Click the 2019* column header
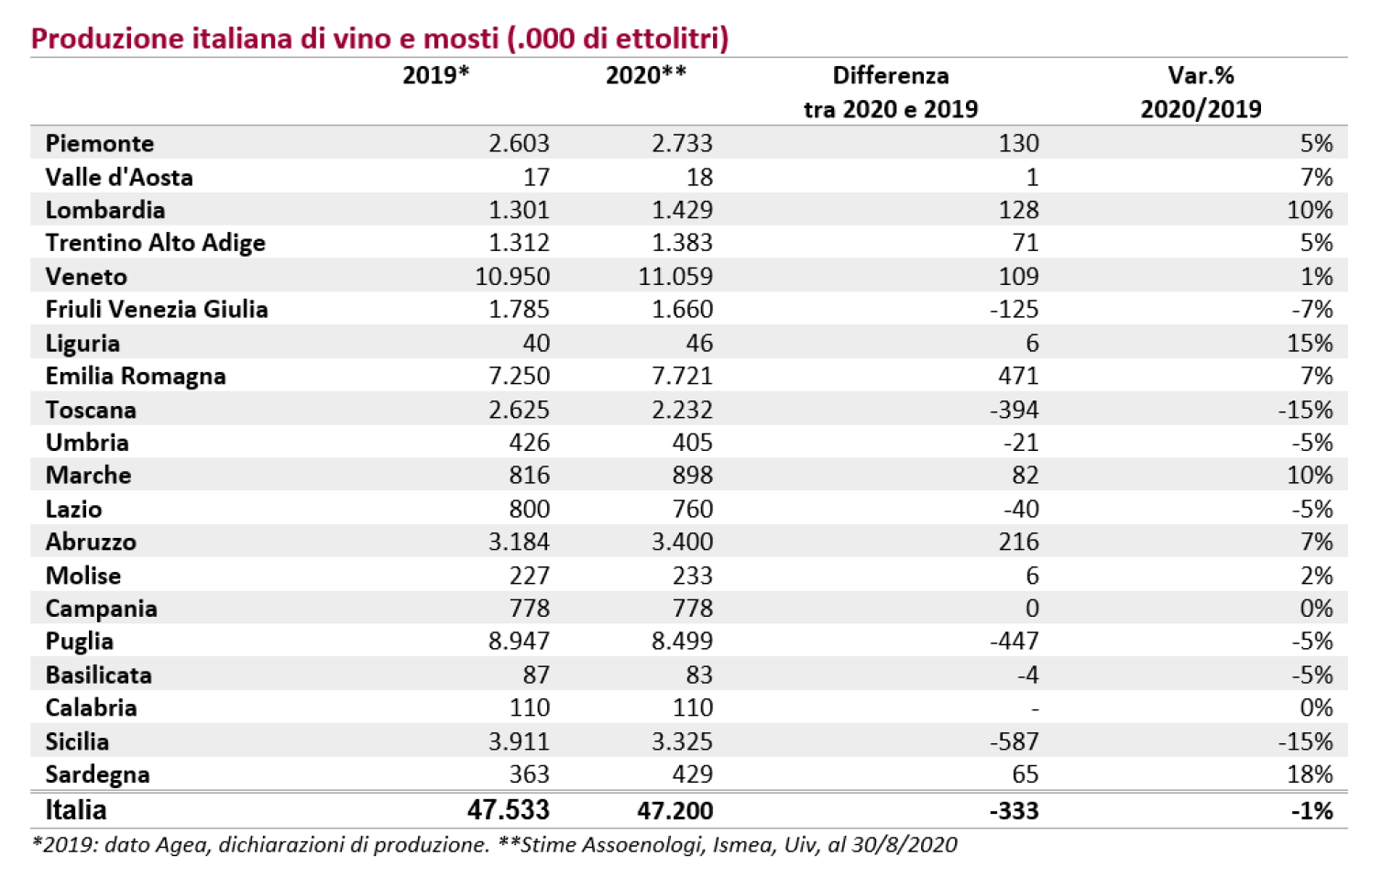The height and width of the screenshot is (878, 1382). (x=435, y=75)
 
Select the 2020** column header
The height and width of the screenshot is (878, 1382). (x=646, y=75)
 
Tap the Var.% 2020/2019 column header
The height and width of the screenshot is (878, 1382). (x=1201, y=93)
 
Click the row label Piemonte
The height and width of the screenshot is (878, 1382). (x=99, y=143)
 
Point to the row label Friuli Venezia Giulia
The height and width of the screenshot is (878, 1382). (x=157, y=309)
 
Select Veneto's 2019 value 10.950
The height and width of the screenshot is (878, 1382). (x=512, y=277)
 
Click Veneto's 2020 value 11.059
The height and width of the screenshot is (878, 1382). (x=675, y=277)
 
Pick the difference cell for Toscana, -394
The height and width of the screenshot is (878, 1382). (x=1015, y=410)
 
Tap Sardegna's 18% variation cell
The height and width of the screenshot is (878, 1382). (x=1310, y=774)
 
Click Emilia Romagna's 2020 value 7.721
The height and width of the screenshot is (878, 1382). (x=683, y=376)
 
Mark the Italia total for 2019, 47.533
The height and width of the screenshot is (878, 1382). (x=509, y=810)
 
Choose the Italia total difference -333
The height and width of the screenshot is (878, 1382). (x=1015, y=810)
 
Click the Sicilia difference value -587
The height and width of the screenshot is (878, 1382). (x=1015, y=741)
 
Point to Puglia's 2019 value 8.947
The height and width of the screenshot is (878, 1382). (x=519, y=641)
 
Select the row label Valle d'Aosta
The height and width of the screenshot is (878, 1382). (x=119, y=177)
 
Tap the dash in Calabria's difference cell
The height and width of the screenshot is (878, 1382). (x=1035, y=708)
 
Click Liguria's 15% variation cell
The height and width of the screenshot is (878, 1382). (x=1310, y=343)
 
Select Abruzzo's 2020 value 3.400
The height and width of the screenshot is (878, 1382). (x=683, y=542)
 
